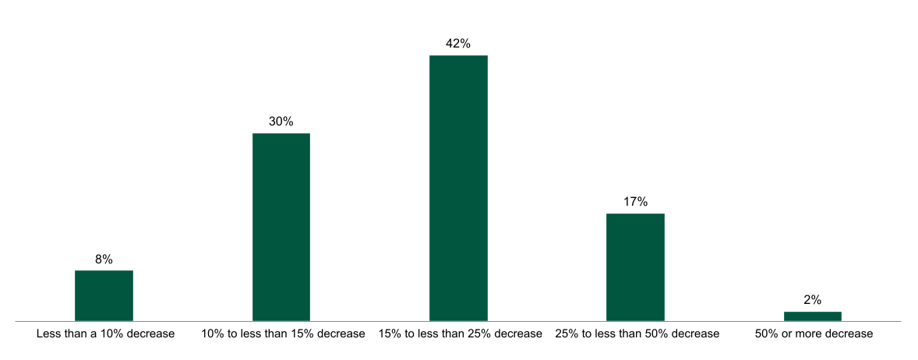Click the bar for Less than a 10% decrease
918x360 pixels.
pyautogui.click(x=104, y=295)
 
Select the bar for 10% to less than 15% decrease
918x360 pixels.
pyautogui.click(x=281, y=227)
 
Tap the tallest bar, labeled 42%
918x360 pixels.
pyautogui.click(x=458, y=188)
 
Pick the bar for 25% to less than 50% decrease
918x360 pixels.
pyautogui.click(x=635, y=266)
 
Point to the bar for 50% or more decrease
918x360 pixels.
pyautogui.click(x=812, y=316)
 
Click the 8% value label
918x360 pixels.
pyautogui.click(x=104, y=259)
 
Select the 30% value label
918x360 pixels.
pyautogui.click(x=281, y=122)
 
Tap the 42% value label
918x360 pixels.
pyautogui.click(x=458, y=44)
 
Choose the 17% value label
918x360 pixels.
pyautogui.click(x=635, y=202)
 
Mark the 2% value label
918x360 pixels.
pyautogui.click(x=812, y=300)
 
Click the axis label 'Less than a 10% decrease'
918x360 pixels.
pyautogui.click(x=105, y=334)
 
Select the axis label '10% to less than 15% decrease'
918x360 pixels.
pyautogui.click(x=283, y=334)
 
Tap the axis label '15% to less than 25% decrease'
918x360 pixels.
pyautogui.click(x=460, y=334)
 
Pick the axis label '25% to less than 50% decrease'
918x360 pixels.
pyautogui.click(x=637, y=334)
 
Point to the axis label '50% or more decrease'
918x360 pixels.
pyautogui.click(x=814, y=334)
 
